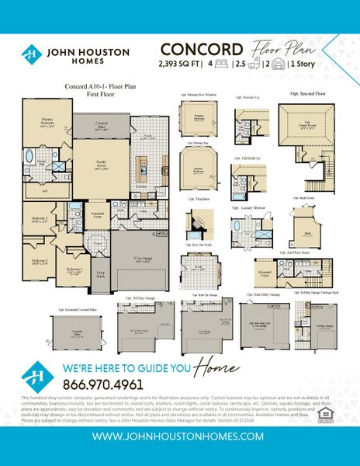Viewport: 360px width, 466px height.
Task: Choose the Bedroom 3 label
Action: [x=40, y=261]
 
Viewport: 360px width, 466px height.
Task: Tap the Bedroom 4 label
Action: [x=74, y=271]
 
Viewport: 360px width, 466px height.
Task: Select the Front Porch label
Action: [x=100, y=273]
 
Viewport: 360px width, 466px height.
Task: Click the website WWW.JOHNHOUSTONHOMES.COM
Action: [x=180, y=436]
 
